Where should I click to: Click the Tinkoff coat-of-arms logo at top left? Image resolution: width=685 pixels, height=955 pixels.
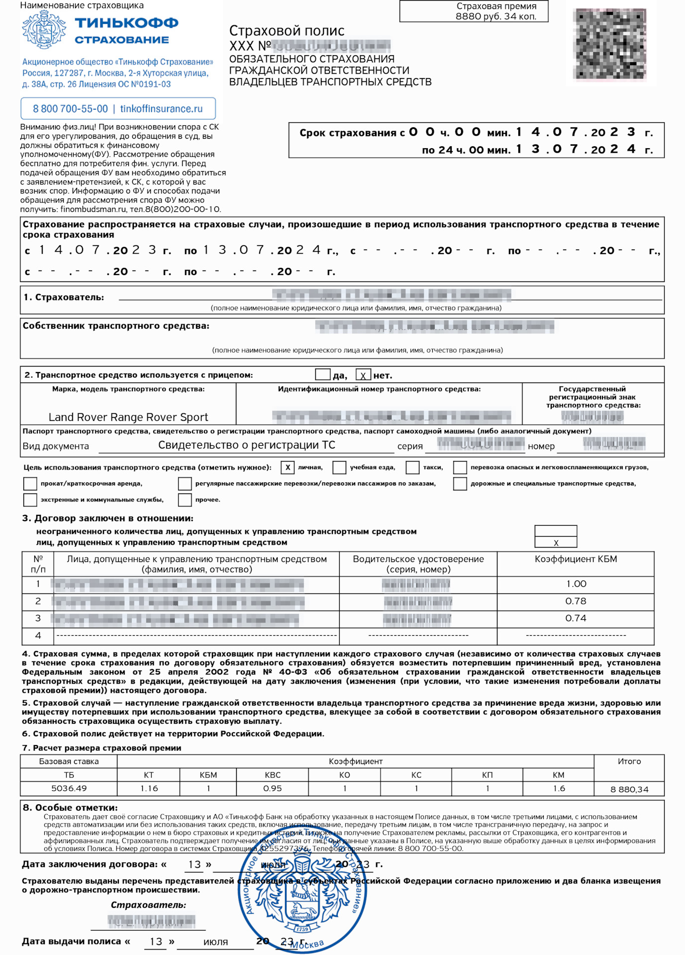coord(44,30)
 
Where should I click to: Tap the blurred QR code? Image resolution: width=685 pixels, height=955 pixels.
coord(609,44)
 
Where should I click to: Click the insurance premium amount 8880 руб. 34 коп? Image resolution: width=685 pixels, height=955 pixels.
coord(496,16)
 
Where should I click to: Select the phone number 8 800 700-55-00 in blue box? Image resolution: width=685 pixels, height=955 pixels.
coord(70,109)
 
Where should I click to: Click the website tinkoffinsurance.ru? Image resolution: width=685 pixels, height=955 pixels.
coord(161,109)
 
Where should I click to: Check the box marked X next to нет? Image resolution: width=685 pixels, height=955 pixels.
coord(363,376)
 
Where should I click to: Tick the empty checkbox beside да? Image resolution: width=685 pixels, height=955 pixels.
coord(323,375)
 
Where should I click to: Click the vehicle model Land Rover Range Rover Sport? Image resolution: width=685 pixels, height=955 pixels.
coord(128,417)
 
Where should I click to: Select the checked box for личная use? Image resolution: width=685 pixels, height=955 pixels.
coord(288,468)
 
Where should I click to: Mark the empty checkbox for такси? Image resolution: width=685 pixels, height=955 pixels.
coord(412,468)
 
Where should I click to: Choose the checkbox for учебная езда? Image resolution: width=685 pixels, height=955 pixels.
coord(339,468)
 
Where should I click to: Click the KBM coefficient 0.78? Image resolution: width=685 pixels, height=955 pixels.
coord(576,601)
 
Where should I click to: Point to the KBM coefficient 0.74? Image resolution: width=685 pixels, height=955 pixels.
coord(576,618)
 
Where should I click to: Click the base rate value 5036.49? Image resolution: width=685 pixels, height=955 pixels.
coord(69,788)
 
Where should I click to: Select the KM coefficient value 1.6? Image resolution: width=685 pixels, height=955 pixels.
coord(559,788)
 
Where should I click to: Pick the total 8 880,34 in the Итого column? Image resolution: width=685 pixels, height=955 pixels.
coord(629,789)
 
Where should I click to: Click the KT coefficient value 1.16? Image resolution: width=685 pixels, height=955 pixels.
coord(149,788)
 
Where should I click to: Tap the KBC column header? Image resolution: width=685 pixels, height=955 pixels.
coord(273,775)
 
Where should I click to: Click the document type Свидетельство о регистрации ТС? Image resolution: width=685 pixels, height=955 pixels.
coord(247,445)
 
